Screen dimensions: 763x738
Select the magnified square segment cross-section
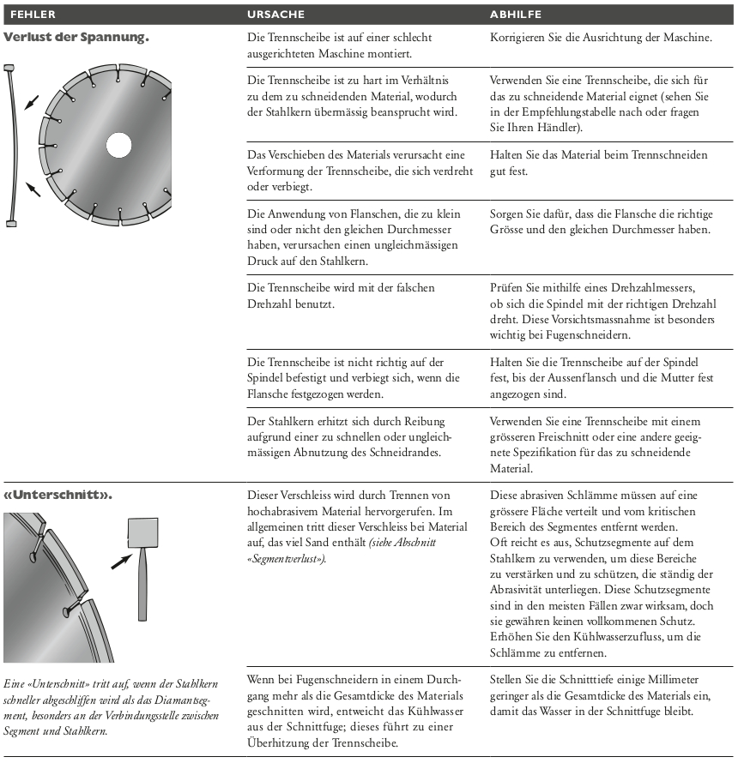click(x=139, y=533)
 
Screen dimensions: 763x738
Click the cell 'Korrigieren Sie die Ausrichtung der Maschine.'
click(x=600, y=39)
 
